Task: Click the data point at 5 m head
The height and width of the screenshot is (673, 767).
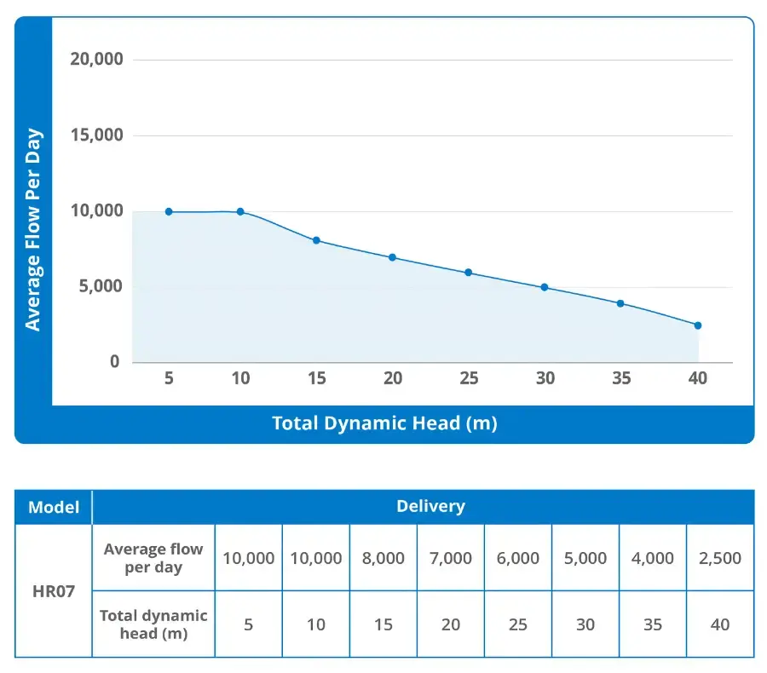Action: point(169,211)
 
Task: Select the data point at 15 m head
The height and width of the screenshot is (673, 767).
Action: point(316,240)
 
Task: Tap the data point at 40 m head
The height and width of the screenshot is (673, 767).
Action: point(697,325)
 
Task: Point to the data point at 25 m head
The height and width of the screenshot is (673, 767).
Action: point(468,273)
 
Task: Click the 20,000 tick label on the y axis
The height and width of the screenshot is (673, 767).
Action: point(95,59)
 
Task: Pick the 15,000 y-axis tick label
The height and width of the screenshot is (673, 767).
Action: point(95,135)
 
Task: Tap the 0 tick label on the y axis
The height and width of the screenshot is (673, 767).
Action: point(115,362)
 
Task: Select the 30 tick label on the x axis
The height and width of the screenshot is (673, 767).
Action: point(545,378)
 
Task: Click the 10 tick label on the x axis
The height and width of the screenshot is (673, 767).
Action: point(241,378)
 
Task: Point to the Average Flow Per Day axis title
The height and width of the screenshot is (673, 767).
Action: point(33,230)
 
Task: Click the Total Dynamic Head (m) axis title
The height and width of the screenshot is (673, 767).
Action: point(384,423)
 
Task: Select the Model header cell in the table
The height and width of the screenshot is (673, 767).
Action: point(54,508)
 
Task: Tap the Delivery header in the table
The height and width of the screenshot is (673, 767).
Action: point(430,506)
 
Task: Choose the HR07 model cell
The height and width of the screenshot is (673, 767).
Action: point(54,590)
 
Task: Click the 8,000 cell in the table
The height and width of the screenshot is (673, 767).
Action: point(383,558)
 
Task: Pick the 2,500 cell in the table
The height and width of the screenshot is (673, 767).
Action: point(720,558)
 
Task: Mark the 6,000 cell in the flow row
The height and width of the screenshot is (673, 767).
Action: point(518,558)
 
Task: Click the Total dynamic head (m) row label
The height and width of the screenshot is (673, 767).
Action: point(153,624)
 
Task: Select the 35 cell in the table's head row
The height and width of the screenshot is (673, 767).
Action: point(653,624)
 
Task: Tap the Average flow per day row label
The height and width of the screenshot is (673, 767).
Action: point(153,558)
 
